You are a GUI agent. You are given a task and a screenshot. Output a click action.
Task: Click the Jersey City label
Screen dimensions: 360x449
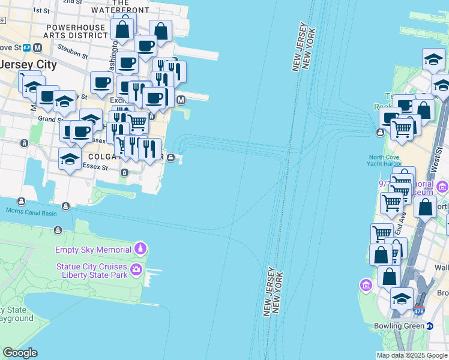coord(29,64)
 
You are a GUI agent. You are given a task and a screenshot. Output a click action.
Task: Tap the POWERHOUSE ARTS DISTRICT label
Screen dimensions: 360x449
coord(77,31)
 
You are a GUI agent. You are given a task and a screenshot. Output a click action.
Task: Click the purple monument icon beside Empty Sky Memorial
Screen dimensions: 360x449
coord(140,248)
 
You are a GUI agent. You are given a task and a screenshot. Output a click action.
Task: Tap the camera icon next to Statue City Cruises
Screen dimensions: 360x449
coord(136,268)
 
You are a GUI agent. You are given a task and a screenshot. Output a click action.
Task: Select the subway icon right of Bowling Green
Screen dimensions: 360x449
coord(430,326)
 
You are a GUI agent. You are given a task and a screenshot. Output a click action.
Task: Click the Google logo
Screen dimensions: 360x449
coord(20,352)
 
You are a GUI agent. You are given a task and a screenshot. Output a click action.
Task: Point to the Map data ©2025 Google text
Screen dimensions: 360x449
coord(411,355)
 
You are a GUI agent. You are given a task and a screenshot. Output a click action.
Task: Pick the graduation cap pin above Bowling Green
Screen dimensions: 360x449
coord(402,298)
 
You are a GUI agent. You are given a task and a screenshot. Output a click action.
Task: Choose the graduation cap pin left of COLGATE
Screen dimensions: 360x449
coord(70,159)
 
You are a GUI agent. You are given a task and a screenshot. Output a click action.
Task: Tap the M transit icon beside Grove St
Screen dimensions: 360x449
coord(38,47)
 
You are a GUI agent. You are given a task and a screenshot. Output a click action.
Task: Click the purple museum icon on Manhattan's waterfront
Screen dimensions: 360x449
coord(364,284)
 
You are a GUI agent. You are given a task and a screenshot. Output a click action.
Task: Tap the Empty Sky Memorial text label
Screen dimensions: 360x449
coord(93,250)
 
